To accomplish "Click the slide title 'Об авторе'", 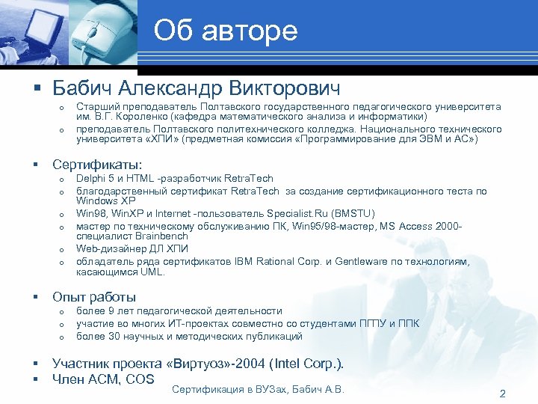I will click(x=226, y=31).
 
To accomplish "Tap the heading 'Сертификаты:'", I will click(x=97, y=164).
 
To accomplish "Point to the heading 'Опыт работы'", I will click(x=93, y=296).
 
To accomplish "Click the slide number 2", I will click(x=502, y=394).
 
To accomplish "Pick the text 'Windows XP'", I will click(x=107, y=201).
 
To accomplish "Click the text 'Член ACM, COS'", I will click(x=103, y=379).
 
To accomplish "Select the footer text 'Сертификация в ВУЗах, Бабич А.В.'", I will click(x=258, y=389).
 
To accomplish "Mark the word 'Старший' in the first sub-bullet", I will click(x=97, y=108).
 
